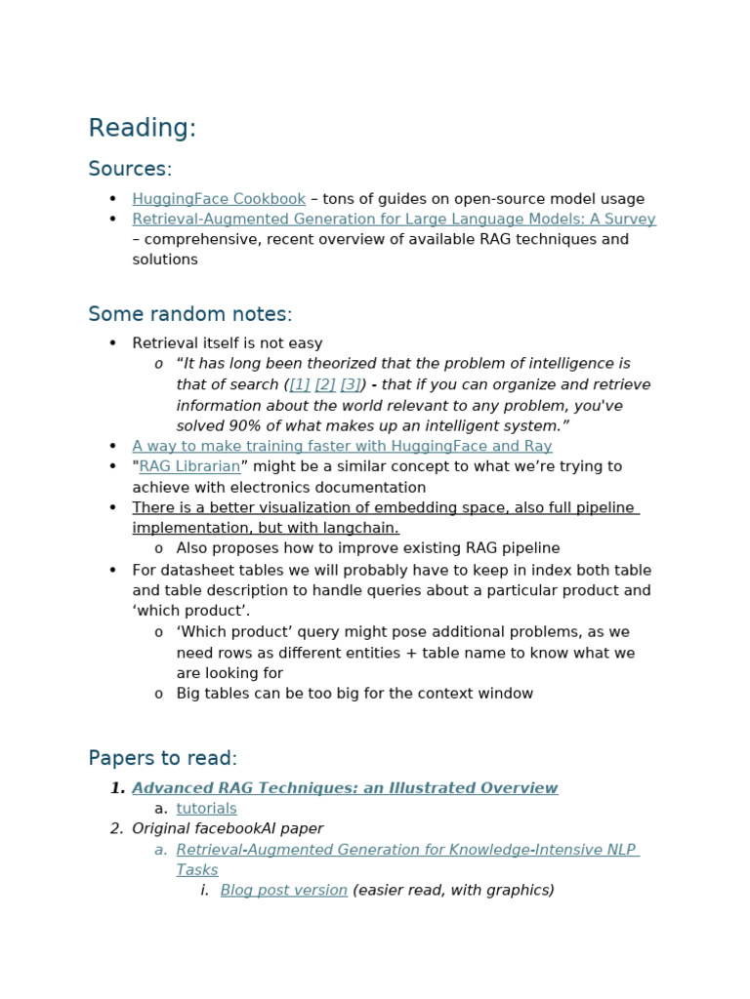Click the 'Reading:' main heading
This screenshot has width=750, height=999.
click(142, 129)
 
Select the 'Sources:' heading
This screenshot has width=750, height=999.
click(130, 170)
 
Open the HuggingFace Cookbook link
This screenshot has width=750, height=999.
click(219, 199)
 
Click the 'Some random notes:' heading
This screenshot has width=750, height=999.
click(189, 314)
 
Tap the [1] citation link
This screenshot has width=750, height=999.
click(300, 384)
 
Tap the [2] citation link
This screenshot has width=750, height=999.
click(325, 384)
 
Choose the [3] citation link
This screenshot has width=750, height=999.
click(351, 384)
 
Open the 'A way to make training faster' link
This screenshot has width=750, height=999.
click(342, 446)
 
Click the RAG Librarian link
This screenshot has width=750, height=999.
click(189, 466)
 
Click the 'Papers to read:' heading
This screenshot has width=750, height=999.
click(162, 758)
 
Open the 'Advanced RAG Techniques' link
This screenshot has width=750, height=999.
click(345, 788)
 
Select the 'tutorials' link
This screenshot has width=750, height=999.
click(206, 809)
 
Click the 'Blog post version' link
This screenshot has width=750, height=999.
click(283, 890)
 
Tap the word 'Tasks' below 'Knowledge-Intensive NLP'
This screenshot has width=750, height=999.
click(197, 869)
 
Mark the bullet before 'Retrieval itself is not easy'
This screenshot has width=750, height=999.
click(113, 343)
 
